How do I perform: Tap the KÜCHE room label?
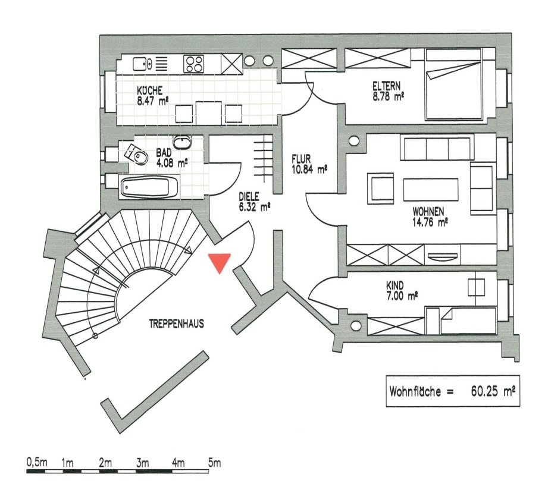click(150, 91)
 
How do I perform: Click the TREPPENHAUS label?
click(177, 325)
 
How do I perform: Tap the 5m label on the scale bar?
click(214, 462)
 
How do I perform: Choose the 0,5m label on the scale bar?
click(36, 462)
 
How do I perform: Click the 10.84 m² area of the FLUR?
click(309, 169)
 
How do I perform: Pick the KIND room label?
click(396, 285)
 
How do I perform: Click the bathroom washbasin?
click(182, 143)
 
